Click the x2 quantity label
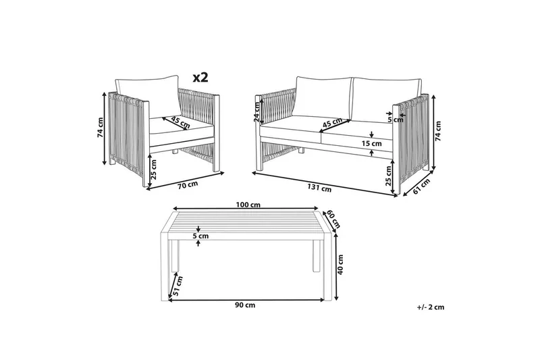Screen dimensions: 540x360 [200, 77]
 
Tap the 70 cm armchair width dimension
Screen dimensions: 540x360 [188, 184]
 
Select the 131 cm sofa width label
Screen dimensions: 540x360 [320, 188]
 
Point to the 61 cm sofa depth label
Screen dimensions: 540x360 [421, 186]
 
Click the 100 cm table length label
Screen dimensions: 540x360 [248, 205]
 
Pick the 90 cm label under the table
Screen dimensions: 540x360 [245, 305]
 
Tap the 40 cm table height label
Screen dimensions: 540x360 [341, 265]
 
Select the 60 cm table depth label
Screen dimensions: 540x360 [333, 219]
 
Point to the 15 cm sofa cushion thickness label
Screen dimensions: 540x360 [372, 143]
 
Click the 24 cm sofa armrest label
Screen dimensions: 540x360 [257, 112]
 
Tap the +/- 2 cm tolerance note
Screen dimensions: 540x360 [430, 307]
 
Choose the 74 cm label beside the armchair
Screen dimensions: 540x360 [100, 128]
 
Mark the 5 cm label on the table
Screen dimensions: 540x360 [200, 236]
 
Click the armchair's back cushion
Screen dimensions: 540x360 [146, 97]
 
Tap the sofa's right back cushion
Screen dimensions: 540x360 [386, 99]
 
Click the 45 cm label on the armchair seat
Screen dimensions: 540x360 [180, 123]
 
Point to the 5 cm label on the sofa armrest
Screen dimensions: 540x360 [395, 120]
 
